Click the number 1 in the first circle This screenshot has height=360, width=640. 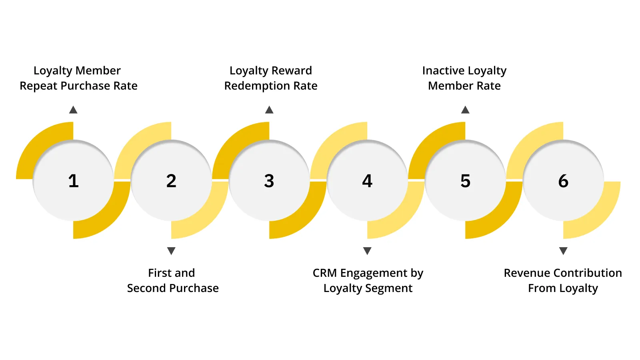tap(73, 181)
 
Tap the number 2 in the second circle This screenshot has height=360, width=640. tap(171, 181)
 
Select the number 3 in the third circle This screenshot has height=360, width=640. tap(269, 181)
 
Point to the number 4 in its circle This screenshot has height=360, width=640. tap(367, 181)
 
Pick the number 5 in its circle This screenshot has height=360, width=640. tap(465, 181)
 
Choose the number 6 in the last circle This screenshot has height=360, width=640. tap(563, 181)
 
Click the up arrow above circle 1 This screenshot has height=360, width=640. tap(73, 110)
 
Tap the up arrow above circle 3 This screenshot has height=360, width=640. tap(269, 110)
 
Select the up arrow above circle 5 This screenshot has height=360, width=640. tap(465, 110)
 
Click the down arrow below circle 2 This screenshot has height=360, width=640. tap(171, 251)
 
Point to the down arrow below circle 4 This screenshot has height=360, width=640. tap(367, 251)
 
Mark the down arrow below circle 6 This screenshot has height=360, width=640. tap(563, 251)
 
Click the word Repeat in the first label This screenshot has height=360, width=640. tap(38, 86)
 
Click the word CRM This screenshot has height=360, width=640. tap(324, 273)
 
